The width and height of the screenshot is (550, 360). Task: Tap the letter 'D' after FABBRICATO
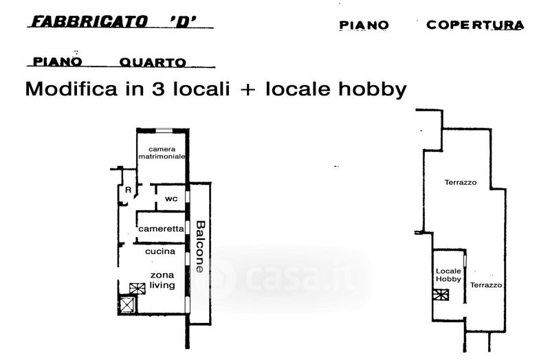[x=187, y=22]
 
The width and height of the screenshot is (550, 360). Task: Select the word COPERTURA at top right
[x=475, y=25]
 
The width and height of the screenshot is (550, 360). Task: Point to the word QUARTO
[x=153, y=63]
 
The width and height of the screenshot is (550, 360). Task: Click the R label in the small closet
[x=128, y=190]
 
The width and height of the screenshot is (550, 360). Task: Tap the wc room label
[x=171, y=199]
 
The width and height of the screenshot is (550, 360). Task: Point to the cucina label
[x=159, y=251]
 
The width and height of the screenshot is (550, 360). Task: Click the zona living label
[x=163, y=280]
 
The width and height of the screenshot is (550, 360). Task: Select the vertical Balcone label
[x=200, y=246]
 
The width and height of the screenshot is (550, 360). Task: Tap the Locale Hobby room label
[x=448, y=275]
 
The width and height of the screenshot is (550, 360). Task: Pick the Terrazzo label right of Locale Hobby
[x=486, y=284]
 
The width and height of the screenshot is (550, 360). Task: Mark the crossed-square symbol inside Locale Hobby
[x=441, y=295]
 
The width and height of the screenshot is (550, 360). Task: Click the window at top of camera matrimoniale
[x=164, y=131]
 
